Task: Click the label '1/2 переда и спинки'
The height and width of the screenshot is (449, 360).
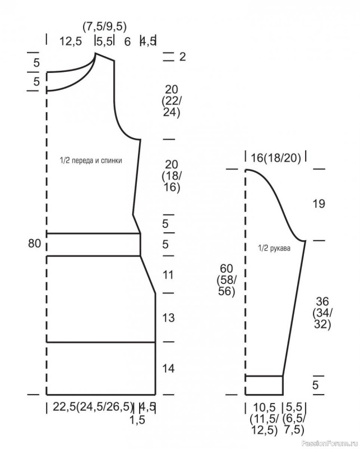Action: point(91,161)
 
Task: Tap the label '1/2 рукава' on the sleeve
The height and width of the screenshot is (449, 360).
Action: point(274,249)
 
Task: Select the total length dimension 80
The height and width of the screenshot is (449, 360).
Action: point(34,244)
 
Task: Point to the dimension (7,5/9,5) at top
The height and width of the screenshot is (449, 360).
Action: point(104,27)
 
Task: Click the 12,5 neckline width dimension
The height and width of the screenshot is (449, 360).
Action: point(71,41)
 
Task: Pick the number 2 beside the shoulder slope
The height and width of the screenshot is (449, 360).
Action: point(182,57)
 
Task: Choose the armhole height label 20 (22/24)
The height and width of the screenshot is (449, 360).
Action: point(172,102)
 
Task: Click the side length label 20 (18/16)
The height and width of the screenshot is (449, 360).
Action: point(171,176)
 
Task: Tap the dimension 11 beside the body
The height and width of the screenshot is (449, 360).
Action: point(168,275)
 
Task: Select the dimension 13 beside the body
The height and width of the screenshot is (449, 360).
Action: point(168,318)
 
